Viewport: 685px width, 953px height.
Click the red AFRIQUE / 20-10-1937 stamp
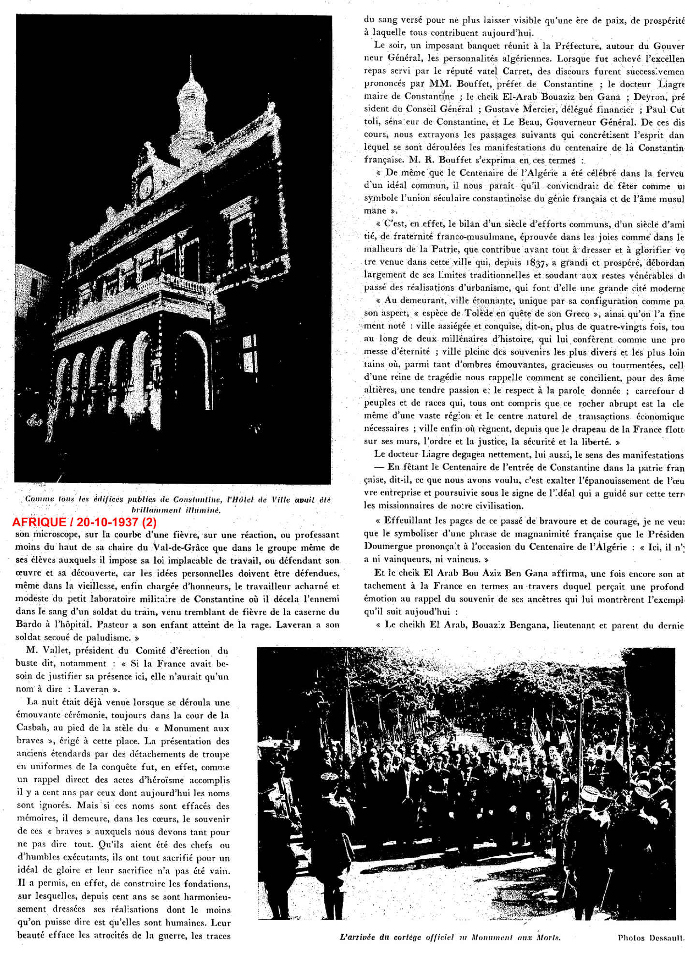point(84,522)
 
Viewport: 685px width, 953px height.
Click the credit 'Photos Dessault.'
point(651,938)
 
